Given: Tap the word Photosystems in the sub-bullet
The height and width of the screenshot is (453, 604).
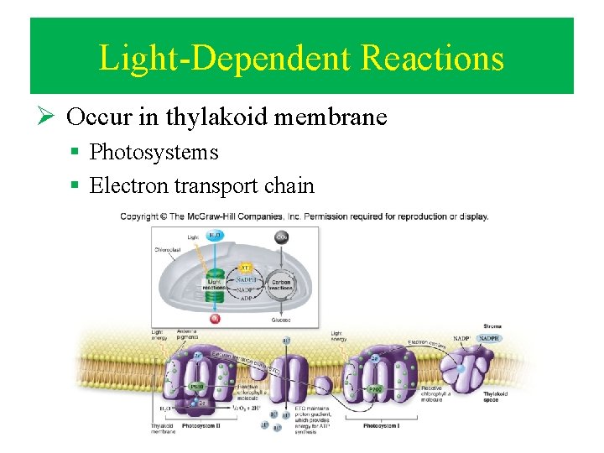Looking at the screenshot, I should point(154,152).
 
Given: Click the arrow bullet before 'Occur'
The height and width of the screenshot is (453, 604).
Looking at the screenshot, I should point(49,117).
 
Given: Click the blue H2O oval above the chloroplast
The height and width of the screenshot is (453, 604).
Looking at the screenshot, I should point(215,237).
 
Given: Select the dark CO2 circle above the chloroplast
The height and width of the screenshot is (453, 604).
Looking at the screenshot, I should point(282,237).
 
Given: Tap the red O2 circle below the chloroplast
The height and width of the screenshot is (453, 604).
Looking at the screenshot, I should point(215,319).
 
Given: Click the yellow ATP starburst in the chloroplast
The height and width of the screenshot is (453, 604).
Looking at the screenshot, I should point(245,268).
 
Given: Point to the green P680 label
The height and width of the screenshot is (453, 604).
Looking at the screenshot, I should point(196,387).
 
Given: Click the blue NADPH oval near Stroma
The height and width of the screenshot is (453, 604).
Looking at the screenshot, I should point(488,338).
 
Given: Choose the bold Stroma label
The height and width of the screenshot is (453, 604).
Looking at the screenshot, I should point(492,325).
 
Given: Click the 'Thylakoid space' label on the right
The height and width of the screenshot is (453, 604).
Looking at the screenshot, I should point(494,396).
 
